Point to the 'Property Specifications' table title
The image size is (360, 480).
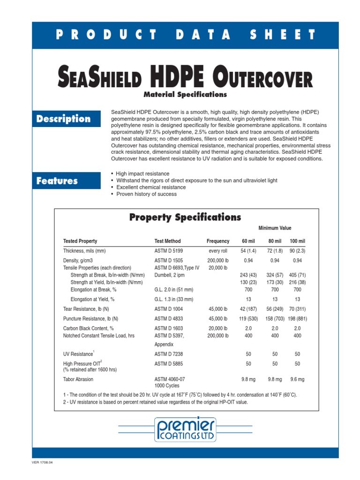185,217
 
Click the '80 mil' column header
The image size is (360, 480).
275,241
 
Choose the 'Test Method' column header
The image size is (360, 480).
167,241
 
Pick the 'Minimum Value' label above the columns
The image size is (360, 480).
275,228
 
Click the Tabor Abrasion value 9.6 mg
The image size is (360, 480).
297,379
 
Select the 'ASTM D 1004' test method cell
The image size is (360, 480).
169,308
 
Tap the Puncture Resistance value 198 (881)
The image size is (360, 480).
297,319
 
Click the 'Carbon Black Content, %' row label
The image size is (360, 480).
89,329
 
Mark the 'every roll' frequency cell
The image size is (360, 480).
218,251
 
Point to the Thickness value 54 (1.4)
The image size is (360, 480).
248,251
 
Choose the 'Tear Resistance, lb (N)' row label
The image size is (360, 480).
87,308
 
